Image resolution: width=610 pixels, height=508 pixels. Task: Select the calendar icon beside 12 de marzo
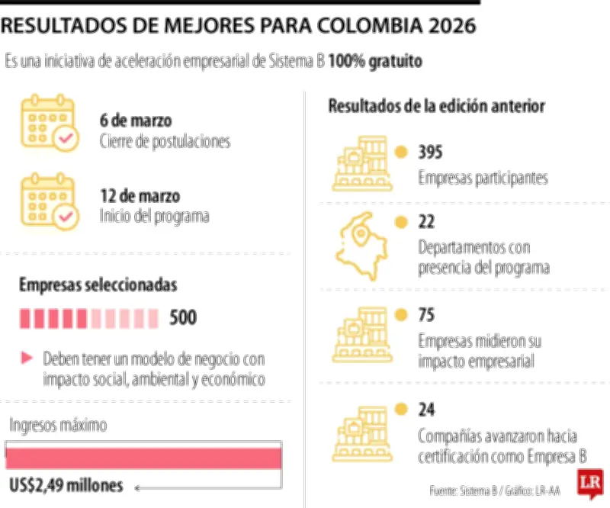(49, 201)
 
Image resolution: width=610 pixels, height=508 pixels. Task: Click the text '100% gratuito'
(375, 62)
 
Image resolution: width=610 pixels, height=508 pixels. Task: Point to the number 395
(430, 152)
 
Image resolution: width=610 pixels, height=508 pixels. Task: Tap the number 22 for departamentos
(426, 222)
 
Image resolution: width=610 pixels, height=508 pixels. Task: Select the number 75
(426, 313)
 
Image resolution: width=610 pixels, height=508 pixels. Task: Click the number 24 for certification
(426, 410)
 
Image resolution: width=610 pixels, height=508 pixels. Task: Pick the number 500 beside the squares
(182, 317)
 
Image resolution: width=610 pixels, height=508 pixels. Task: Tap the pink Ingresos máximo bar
(143, 456)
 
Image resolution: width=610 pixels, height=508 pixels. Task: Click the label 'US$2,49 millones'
(66, 485)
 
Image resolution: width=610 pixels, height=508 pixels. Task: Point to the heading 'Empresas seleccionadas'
(98, 285)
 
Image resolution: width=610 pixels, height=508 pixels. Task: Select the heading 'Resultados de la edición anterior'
(436, 106)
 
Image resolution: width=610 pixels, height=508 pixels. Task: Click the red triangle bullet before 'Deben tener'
(27, 357)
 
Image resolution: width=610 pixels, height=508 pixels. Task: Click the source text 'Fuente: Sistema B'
(462, 490)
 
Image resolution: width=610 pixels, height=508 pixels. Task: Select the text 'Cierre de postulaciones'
(165, 141)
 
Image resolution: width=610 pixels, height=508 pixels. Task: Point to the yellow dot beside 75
(400, 313)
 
